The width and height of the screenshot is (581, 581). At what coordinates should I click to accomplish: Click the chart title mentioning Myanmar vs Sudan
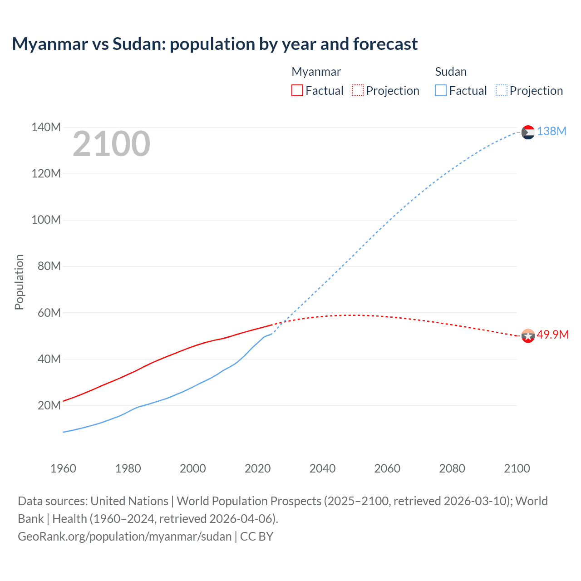point(215,44)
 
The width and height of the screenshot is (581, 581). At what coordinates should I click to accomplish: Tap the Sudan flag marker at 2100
point(528,132)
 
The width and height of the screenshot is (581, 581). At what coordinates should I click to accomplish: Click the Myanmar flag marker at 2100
point(528,336)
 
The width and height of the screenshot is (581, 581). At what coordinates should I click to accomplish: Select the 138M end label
point(551,131)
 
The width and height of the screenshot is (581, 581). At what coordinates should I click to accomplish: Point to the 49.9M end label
point(552,335)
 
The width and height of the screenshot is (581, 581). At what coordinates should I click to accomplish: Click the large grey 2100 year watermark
point(111,144)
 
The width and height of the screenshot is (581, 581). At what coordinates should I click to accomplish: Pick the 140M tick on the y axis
point(46,127)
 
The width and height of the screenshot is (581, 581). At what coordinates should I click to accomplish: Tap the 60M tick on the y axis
point(49,313)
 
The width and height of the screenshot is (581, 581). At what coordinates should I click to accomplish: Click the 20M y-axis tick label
point(49,405)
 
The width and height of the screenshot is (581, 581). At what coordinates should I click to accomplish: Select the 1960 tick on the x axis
point(63,468)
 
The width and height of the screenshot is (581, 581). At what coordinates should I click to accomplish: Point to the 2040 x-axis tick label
point(322,468)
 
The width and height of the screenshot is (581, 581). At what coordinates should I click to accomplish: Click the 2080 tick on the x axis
point(452,468)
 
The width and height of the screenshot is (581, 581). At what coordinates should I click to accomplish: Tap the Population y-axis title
point(19,282)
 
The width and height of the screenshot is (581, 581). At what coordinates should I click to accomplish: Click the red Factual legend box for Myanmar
point(297,90)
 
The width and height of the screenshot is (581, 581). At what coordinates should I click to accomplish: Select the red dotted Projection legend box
point(358,90)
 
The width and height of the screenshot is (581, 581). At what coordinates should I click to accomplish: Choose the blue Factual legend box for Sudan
point(440,90)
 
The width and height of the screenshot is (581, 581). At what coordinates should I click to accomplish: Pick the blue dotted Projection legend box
point(501,90)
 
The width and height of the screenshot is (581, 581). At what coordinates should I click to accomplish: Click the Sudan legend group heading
point(451,72)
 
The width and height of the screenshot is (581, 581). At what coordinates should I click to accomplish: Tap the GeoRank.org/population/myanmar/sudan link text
point(125,537)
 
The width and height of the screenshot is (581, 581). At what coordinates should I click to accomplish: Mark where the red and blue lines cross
point(283,322)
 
